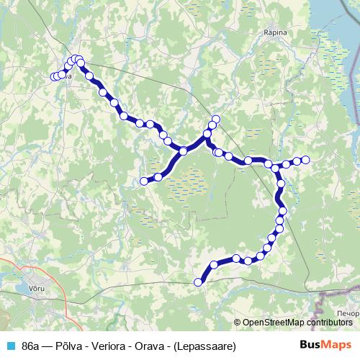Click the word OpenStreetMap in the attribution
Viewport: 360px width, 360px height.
click(276, 323)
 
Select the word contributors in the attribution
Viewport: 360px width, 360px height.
click(330, 323)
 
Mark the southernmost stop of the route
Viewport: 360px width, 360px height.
click(199, 282)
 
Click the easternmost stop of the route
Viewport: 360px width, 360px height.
click(305, 160)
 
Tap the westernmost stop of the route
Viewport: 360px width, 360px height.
click(54, 76)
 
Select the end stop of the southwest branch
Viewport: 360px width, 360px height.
click(143, 181)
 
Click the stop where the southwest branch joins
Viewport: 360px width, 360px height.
click(184, 150)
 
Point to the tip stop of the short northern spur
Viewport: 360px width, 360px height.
click(215, 119)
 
